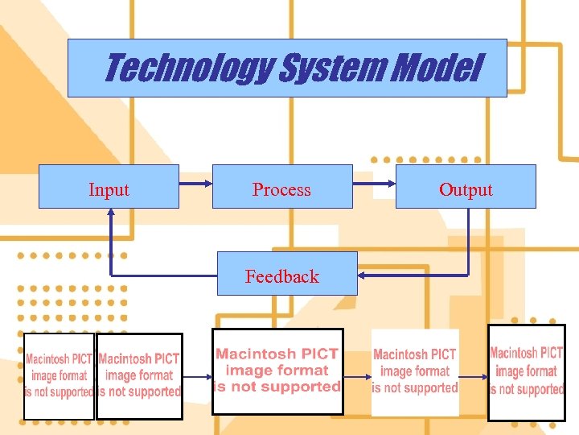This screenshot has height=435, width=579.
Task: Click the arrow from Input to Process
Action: point(195,187)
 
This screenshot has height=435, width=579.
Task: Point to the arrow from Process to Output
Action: point(374,187)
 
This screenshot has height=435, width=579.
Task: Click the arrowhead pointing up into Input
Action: point(111,214)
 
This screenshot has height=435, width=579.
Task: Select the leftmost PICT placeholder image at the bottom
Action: point(59,375)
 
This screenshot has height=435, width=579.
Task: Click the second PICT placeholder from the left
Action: point(139,375)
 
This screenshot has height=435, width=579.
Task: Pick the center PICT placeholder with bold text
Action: point(277,371)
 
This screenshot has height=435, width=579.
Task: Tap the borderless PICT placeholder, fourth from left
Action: point(415,371)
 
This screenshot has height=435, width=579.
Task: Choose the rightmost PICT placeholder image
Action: point(527,371)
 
